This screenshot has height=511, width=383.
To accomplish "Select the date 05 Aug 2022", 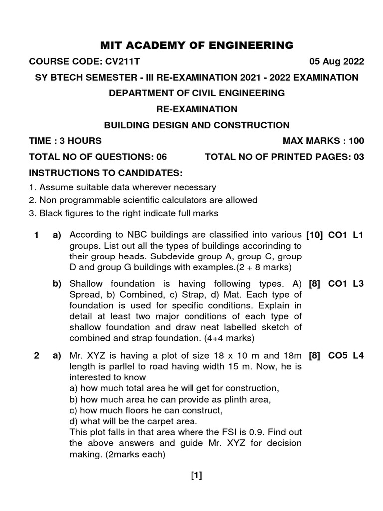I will pyautogui.click(x=337, y=62).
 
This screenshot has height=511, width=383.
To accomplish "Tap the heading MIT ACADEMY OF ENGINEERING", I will pyautogui.click(x=197, y=46).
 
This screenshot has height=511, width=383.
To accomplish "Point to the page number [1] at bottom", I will pyautogui.click(x=196, y=476).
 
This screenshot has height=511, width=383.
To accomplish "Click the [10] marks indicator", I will pyautogui.click(x=315, y=235).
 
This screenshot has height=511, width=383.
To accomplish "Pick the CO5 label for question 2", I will pyautogui.click(x=338, y=356).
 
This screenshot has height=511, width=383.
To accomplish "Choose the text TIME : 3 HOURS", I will pyautogui.click(x=65, y=141).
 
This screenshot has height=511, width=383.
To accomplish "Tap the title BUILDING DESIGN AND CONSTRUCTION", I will pyautogui.click(x=196, y=125).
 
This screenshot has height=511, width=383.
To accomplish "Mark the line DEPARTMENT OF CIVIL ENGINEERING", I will pyautogui.click(x=196, y=93).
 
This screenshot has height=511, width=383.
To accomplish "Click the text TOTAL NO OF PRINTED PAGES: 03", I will pyautogui.click(x=284, y=157).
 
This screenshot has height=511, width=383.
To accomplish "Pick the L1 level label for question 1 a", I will pyautogui.click(x=358, y=235).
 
